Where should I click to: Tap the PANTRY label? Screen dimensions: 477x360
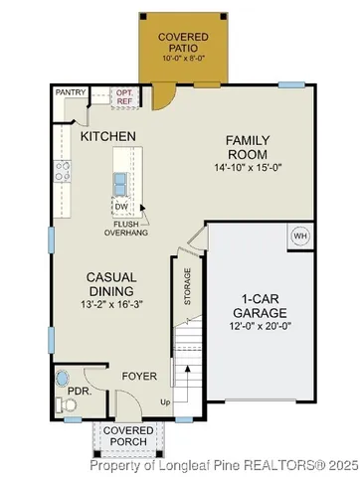pyautogui.click(x=70, y=92)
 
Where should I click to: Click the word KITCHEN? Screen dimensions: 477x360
pyautogui.click(x=108, y=135)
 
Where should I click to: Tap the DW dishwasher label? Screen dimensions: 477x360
pyautogui.click(x=122, y=207)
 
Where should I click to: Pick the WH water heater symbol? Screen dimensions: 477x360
pyautogui.click(x=300, y=237)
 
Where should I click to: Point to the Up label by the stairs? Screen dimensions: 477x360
pyautogui.click(x=165, y=402)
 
